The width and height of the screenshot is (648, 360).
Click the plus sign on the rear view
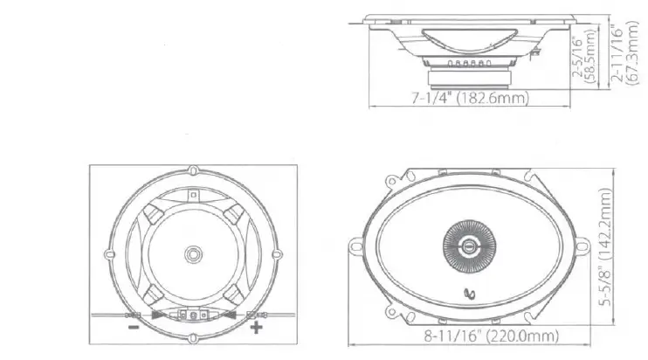256,328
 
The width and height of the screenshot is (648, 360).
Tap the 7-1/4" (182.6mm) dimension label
470,100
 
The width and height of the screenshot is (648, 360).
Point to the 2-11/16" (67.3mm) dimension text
625,54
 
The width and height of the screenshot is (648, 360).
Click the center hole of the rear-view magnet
192,254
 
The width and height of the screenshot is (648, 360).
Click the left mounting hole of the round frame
111,254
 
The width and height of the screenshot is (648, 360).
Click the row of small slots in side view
468,64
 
